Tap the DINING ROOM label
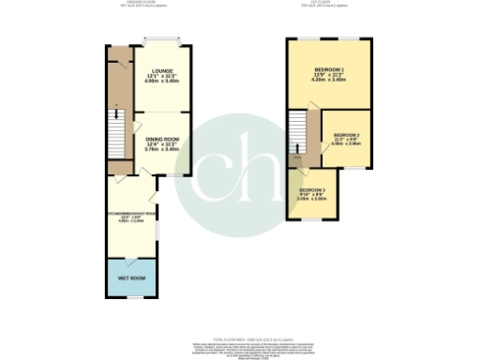click(x=161, y=138)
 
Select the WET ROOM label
click(x=131, y=279)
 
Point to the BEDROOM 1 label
click(x=329, y=70)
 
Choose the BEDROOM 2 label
click(x=347, y=134)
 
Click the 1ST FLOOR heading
click(x=327, y=5)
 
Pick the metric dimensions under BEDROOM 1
click(x=329, y=81)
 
